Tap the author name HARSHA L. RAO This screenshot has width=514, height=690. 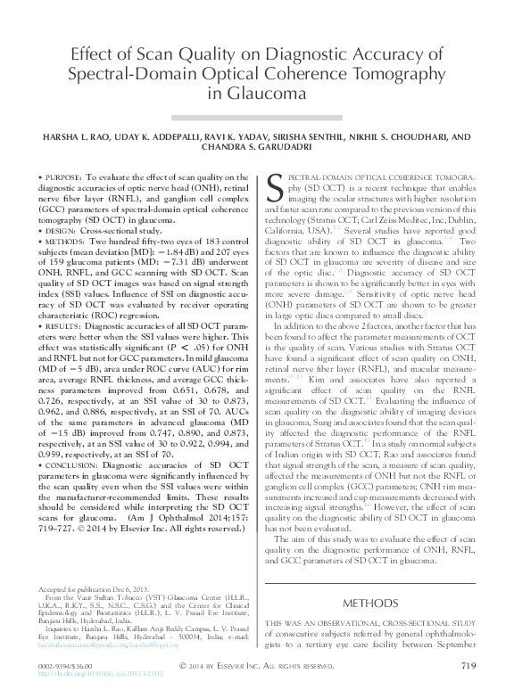pos(83,137)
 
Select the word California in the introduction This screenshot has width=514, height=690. pos(290,228)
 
